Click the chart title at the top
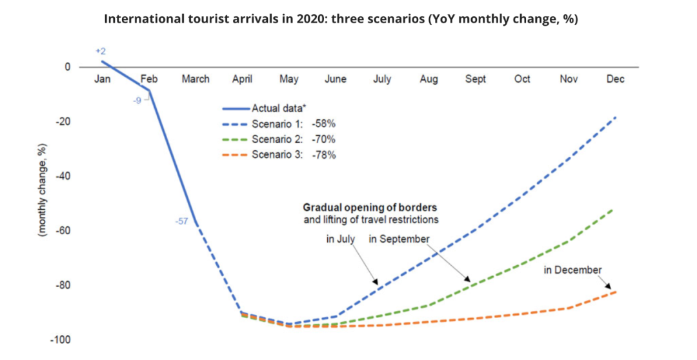pyautogui.click(x=341, y=19)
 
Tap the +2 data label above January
pyautogui.click(x=101, y=50)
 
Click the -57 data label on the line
pyautogui.click(x=181, y=221)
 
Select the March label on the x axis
pyautogui.click(x=195, y=79)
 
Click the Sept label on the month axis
pyautogui.click(x=475, y=79)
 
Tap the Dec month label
pyautogui.click(x=615, y=79)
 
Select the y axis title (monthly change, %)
pyautogui.click(x=41, y=194)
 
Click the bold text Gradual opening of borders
pyautogui.click(x=370, y=208)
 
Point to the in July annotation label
pyautogui.click(x=340, y=239)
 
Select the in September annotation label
pyautogui.click(x=399, y=239)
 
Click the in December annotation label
pyautogui.click(x=572, y=270)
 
